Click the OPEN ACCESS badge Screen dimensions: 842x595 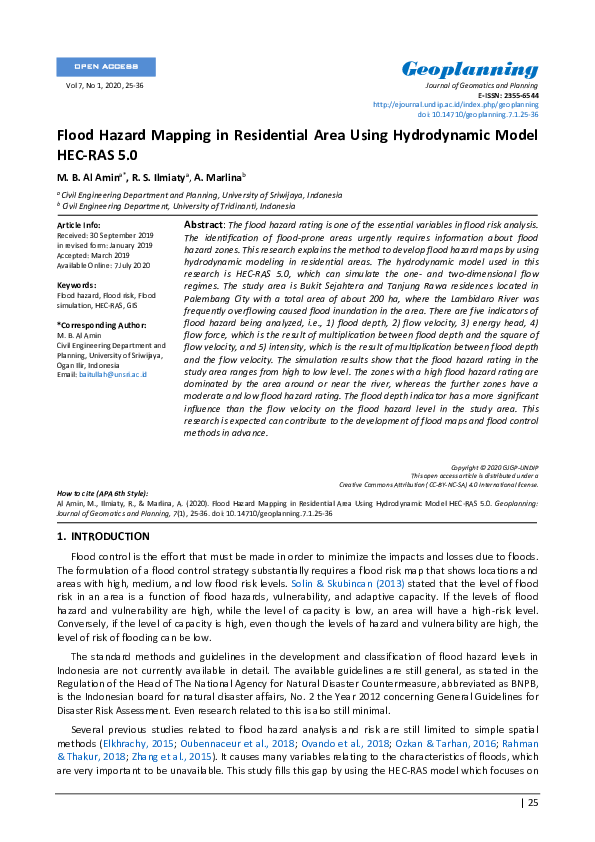(x=105, y=67)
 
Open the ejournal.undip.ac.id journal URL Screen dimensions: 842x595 (x=455, y=105)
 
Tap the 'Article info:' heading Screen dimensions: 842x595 (x=78, y=226)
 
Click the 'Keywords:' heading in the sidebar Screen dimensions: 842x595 (x=76, y=285)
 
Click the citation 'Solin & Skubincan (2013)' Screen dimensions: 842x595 (x=335, y=582)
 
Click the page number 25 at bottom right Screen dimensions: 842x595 (x=531, y=802)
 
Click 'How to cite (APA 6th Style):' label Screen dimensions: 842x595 (x=102, y=494)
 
